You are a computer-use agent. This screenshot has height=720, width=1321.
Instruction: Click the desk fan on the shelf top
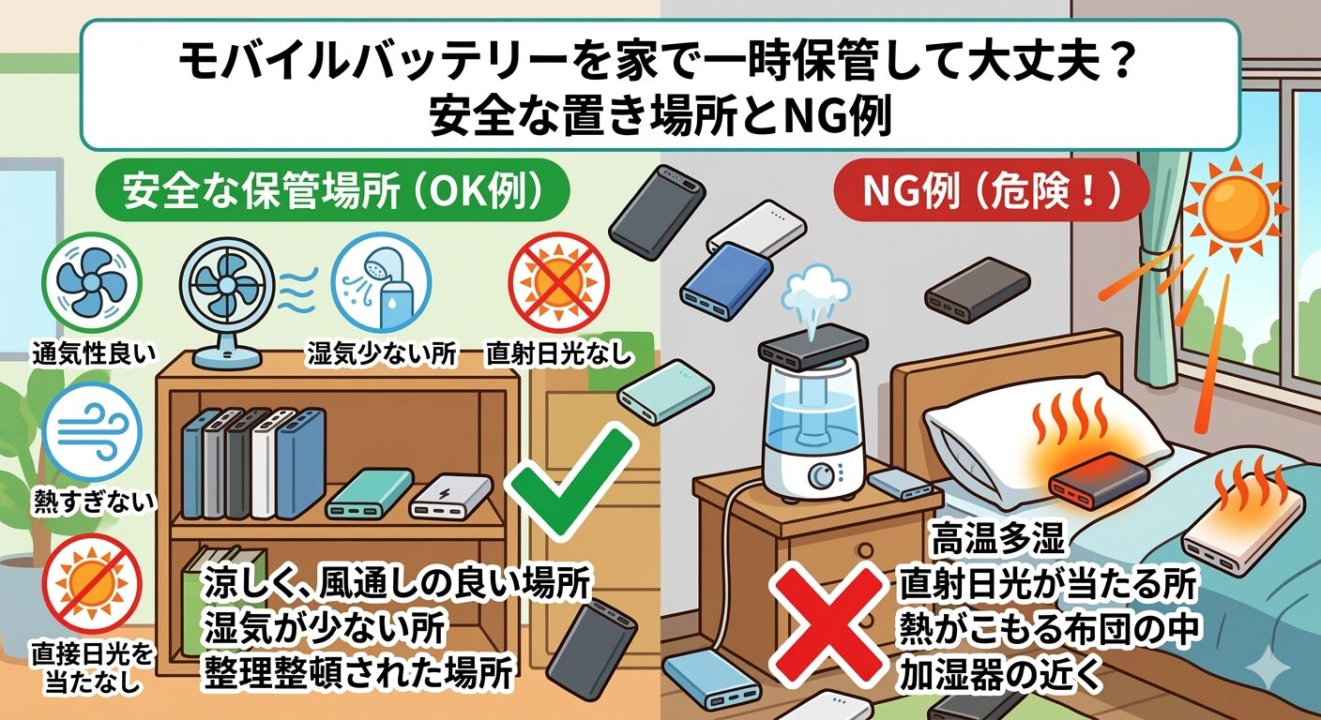point(227,304)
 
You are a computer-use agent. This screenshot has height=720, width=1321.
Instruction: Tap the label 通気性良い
point(93,353)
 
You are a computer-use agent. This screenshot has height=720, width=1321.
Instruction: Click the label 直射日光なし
point(558,353)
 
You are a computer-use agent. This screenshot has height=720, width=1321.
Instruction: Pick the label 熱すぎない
point(93,501)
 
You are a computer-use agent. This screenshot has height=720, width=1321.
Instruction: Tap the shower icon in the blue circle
point(381,283)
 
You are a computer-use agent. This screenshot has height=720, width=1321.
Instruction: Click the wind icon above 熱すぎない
point(93,432)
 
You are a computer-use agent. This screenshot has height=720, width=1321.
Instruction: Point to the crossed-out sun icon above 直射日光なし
point(558,283)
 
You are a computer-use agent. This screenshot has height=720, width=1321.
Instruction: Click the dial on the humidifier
point(820,475)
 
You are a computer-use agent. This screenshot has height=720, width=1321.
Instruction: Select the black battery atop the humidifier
point(813,350)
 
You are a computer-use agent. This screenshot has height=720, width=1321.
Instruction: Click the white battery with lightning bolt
point(450,497)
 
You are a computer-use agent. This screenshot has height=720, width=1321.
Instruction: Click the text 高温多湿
point(997,540)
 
